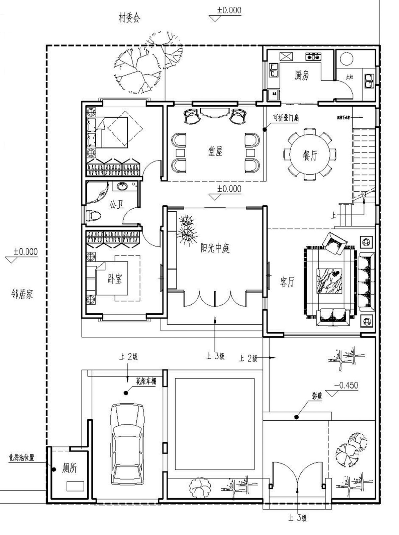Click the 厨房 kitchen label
click(x=302, y=76)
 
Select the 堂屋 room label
click(x=215, y=152)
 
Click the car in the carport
click(x=128, y=443)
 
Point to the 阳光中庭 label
click(x=215, y=248)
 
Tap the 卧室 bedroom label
click(x=115, y=278)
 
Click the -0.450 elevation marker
click(x=348, y=385)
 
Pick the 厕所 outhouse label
click(x=69, y=468)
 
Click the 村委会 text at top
click(x=129, y=18)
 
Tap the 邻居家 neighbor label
click(x=22, y=294)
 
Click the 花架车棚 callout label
click(x=146, y=381)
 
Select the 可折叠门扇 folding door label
click(x=286, y=118)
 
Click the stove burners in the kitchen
click(x=313, y=57)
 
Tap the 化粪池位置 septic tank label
click(x=21, y=457)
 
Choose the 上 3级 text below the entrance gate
click(x=297, y=518)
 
